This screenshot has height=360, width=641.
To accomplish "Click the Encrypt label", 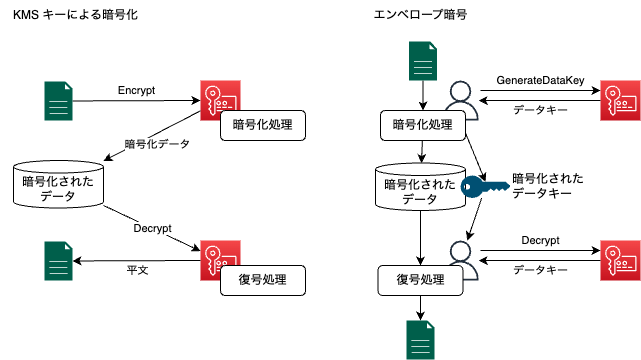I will click(x=136, y=91).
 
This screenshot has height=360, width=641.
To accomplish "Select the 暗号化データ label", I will click(x=157, y=144).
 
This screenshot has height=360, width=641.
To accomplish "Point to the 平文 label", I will click(x=138, y=270).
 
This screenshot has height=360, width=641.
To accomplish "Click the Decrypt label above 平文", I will click(x=152, y=228).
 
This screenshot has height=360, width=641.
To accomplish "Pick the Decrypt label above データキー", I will click(x=540, y=241).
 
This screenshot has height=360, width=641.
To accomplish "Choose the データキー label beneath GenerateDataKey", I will click(x=540, y=110).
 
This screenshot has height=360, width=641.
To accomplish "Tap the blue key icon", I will click(x=485, y=186).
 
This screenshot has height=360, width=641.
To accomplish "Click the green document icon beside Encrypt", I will click(x=58, y=101).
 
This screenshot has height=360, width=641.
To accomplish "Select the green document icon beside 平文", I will click(x=58, y=261).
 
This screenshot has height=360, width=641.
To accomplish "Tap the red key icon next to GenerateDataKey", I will click(x=620, y=101).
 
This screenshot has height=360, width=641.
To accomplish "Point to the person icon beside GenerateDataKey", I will click(x=461, y=99).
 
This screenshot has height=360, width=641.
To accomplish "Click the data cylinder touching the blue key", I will click(x=420, y=187).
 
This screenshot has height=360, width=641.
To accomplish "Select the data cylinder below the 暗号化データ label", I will click(x=58, y=184).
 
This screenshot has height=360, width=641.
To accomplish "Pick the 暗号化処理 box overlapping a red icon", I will click(x=262, y=125).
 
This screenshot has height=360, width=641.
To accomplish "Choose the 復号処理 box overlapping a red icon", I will click(x=262, y=279).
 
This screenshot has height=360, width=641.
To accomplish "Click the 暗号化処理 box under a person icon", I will click(x=422, y=125).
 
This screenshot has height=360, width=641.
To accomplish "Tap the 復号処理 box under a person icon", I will click(x=420, y=279).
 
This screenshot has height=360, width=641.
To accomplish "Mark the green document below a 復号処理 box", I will click(x=420, y=339).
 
